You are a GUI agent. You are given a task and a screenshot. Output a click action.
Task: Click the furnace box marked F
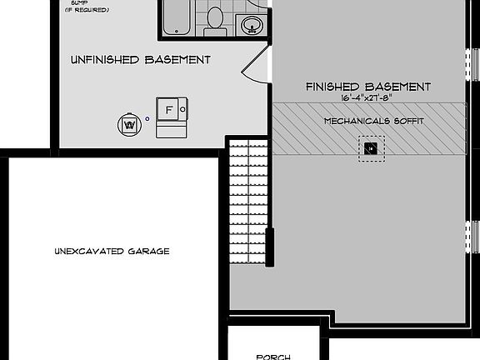tap(170, 110)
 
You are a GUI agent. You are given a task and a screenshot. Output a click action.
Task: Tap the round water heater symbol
tap(129, 123)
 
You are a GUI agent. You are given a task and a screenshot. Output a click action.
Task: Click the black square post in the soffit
tap(371, 149)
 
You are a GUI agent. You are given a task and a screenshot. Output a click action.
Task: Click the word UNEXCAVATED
tap(89, 251)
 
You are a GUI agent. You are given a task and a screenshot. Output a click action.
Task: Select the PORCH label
tap(273, 357)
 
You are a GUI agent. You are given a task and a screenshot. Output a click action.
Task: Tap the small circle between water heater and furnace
tap(147, 118)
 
